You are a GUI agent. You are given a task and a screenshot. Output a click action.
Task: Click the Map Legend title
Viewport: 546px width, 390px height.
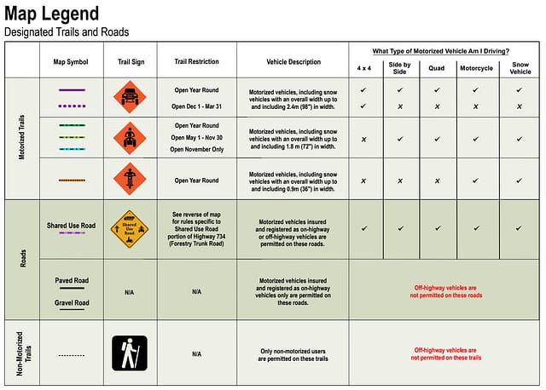[x=51, y=14]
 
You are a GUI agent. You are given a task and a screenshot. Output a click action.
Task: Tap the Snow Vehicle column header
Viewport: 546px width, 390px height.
[x=520, y=67]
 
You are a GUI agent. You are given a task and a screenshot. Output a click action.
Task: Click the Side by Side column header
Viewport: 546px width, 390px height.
[x=399, y=67]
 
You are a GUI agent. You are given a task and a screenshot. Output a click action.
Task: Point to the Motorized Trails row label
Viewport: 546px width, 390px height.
[x=22, y=140]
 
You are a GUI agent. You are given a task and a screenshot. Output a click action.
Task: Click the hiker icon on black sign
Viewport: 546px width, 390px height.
[x=130, y=353]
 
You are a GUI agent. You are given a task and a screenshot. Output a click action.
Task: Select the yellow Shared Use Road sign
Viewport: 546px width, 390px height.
[x=130, y=229]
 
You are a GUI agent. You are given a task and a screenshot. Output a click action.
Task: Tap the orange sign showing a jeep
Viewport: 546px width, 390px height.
[x=130, y=97]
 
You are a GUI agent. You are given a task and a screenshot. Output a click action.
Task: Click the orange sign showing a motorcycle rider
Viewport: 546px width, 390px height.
[x=130, y=180]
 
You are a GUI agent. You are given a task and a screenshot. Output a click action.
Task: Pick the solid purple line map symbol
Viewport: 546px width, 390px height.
[x=72, y=90]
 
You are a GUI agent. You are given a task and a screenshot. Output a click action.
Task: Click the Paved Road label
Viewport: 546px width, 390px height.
[x=72, y=279]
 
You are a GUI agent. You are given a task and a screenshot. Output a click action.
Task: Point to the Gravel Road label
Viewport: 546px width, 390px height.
[x=72, y=302]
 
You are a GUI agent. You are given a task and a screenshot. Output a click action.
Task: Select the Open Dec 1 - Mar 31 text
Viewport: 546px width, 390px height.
[x=196, y=106]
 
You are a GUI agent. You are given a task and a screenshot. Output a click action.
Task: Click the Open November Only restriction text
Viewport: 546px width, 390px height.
[x=196, y=149]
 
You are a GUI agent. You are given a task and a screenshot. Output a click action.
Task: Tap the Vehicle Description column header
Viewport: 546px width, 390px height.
[x=292, y=62]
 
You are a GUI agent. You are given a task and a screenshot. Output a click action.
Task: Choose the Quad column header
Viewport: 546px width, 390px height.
[x=437, y=67]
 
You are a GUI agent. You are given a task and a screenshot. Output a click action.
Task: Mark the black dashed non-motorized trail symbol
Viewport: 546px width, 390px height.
[x=72, y=353]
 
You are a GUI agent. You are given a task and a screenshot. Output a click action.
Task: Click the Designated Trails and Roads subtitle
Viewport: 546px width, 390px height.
[x=67, y=32]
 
